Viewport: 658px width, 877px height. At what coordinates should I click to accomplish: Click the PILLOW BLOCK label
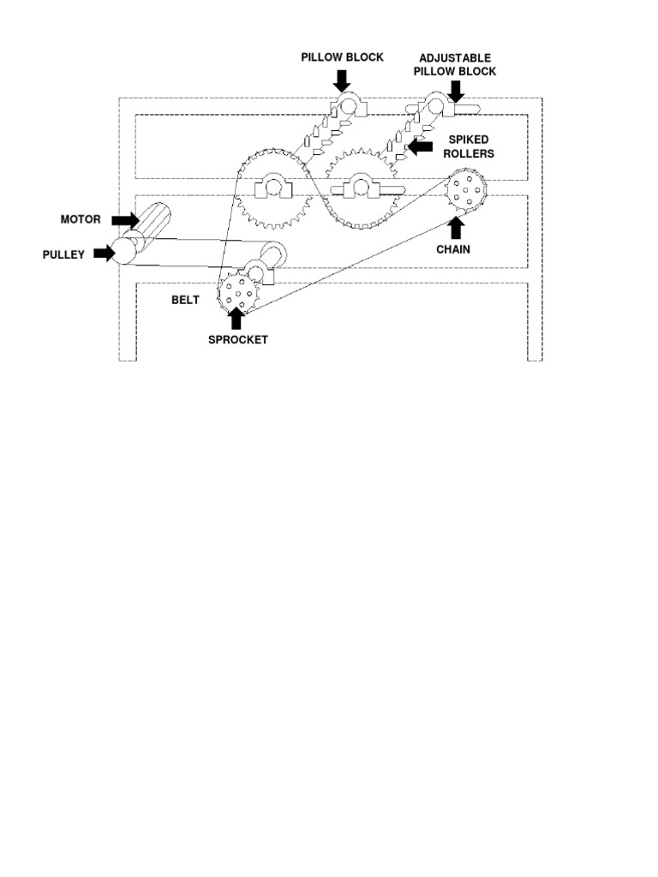click(342, 57)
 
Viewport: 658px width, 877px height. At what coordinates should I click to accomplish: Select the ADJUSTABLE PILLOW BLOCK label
click(454, 64)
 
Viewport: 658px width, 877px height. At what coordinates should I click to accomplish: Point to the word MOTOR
click(81, 220)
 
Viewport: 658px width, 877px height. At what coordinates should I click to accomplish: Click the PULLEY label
click(64, 254)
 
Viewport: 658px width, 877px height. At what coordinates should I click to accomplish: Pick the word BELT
click(185, 301)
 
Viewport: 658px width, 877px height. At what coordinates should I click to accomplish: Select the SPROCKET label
click(238, 340)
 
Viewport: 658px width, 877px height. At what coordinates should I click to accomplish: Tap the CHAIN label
click(454, 250)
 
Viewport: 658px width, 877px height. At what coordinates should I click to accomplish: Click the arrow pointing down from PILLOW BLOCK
click(342, 80)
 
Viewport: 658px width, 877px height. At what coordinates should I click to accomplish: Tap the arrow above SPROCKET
click(237, 319)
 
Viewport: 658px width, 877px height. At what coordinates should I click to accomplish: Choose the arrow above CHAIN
click(455, 227)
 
